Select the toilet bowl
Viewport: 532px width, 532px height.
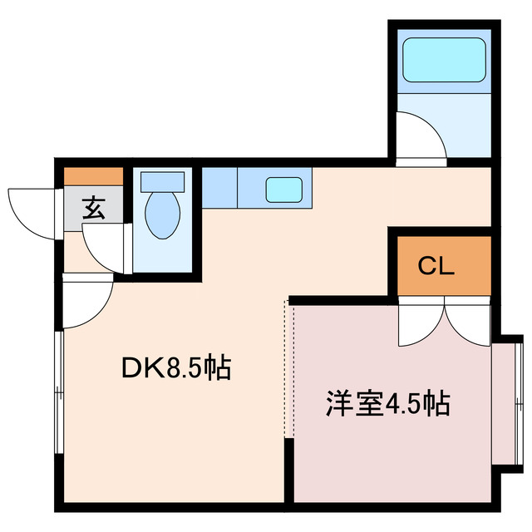[162, 215]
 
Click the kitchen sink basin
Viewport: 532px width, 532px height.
[283, 190]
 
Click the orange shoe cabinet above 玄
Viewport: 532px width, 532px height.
[94, 176]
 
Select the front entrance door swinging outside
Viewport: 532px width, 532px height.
[33, 211]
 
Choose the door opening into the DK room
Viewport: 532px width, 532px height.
[87, 303]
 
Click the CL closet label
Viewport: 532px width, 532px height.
[435, 266]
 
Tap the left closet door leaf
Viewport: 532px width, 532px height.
[420, 324]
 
